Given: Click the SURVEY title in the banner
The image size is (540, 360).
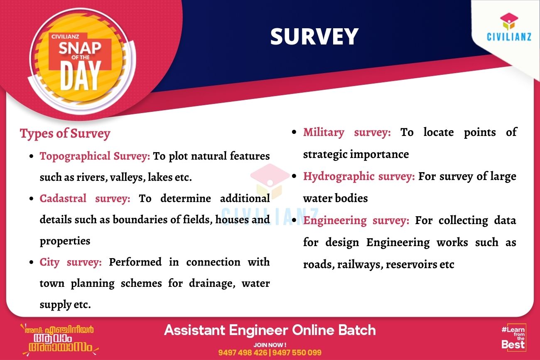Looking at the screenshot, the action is (314, 37).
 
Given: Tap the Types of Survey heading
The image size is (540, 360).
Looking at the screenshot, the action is (65, 134).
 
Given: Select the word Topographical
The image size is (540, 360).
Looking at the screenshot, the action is (75, 157).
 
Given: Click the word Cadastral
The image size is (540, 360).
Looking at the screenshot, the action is (63, 198).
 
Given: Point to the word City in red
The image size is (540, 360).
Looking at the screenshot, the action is (49, 263).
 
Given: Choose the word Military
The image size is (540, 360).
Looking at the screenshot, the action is (324, 133).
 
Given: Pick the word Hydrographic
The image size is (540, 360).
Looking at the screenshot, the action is (339, 177).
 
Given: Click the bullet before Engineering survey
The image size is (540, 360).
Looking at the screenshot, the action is (294, 220).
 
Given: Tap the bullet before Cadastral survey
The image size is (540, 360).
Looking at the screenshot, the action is (31, 199).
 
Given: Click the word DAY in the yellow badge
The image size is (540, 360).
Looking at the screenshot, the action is (80, 76).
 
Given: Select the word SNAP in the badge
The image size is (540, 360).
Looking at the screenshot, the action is (80, 48).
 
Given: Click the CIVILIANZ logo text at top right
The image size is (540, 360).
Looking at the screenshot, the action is (509, 37).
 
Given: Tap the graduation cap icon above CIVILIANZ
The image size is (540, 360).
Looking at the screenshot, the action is (509, 21).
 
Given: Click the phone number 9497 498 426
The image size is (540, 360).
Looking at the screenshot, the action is (243, 353).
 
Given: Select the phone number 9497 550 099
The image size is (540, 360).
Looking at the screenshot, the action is (297, 353).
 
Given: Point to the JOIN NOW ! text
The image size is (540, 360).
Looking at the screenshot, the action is (270, 345).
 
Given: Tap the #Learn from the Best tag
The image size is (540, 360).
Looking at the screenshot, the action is (513, 337).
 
